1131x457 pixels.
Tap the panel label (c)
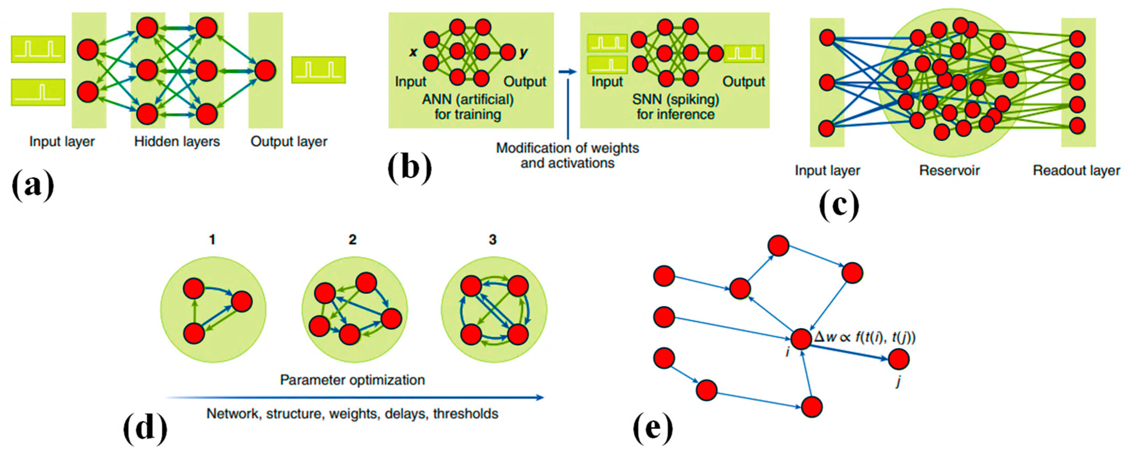(839, 205)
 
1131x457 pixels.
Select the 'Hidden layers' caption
(177, 142)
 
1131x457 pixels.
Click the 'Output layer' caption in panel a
(289, 142)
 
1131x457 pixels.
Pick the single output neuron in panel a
(265, 70)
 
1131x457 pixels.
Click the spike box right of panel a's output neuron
(318, 70)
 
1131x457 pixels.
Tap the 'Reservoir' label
(949, 170)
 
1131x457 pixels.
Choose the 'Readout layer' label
(1076, 170)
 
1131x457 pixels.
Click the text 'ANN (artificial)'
(467, 99)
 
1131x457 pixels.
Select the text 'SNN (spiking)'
(675, 99)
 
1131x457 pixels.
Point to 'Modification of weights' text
(567, 148)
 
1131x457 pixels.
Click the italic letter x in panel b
(413, 52)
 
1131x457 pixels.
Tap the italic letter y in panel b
(523, 52)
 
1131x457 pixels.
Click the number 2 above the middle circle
(352, 239)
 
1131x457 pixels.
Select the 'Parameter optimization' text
(352, 380)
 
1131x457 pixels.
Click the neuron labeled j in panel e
(898, 359)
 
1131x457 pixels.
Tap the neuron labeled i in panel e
(801, 339)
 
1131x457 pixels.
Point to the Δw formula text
(864, 337)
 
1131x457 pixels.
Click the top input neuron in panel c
(827, 38)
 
